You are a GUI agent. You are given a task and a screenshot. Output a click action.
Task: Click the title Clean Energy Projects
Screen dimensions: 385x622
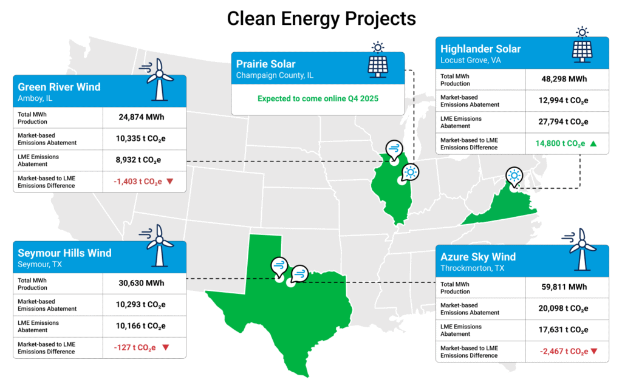(321, 18)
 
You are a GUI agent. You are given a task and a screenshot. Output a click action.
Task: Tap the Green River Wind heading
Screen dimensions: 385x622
(59, 87)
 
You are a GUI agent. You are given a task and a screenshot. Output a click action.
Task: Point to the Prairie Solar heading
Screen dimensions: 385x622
(265, 64)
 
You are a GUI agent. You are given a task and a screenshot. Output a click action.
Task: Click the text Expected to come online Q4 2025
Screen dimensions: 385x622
(317, 98)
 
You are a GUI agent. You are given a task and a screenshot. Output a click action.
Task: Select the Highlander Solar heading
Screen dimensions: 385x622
(480, 49)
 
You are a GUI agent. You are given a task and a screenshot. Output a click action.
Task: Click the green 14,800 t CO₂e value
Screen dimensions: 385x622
(560, 144)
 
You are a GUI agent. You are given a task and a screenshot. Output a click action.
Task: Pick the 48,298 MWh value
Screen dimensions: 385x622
(564, 78)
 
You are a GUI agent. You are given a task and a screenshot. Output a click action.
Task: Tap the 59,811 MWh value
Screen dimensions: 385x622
(564, 287)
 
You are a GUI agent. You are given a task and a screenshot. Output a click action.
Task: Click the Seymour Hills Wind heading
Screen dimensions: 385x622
(64, 253)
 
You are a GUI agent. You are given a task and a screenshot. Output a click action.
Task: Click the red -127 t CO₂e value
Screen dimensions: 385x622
(135, 347)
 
